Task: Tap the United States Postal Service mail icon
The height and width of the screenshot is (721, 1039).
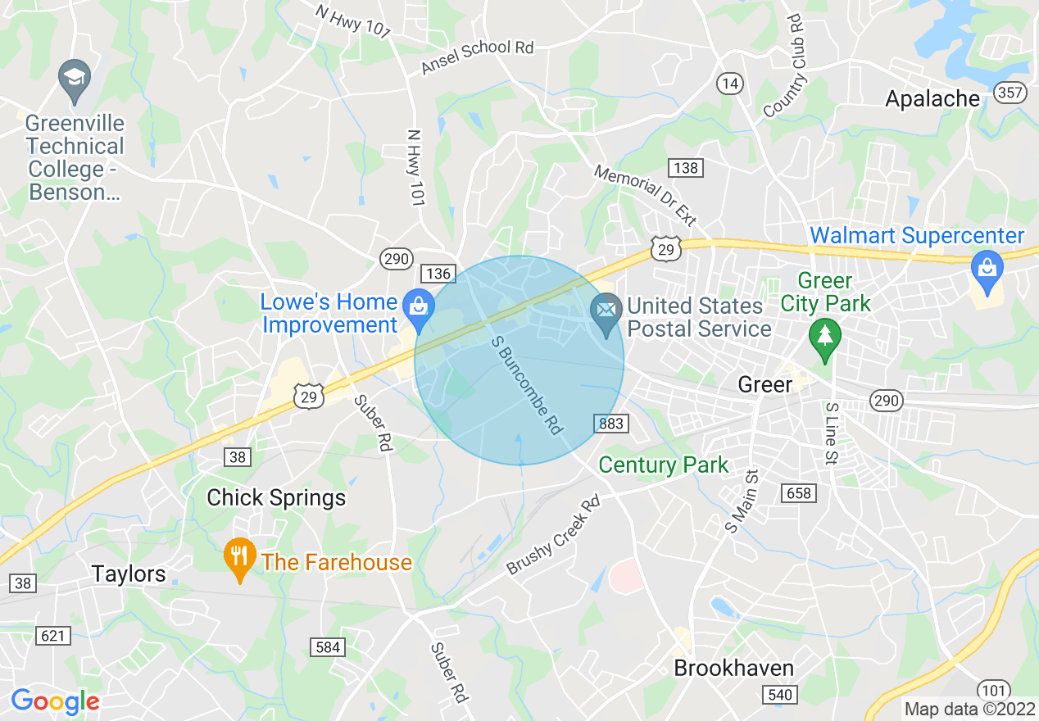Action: click(x=606, y=311)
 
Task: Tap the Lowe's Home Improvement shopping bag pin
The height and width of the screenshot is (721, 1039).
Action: click(x=419, y=308)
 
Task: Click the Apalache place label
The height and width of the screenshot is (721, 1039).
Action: click(x=932, y=99)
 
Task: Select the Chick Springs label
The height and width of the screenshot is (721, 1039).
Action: click(x=276, y=497)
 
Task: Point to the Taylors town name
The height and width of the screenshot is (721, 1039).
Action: click(x=129, y=574)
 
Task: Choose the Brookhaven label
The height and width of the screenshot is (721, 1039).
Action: click(x=733, y=668)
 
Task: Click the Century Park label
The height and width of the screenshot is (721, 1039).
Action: click(x=663, y=465)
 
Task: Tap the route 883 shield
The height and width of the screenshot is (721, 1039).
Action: click(x=611, y=424)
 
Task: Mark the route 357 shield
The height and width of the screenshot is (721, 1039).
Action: click(x=1011, y=92)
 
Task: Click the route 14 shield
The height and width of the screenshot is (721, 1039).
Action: click(x=729, y=83)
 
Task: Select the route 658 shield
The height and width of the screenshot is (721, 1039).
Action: click(x=799, y=492)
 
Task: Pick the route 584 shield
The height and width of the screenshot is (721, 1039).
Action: click(x=328, y=647)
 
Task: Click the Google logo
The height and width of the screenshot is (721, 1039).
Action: click(x=55, y=701)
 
